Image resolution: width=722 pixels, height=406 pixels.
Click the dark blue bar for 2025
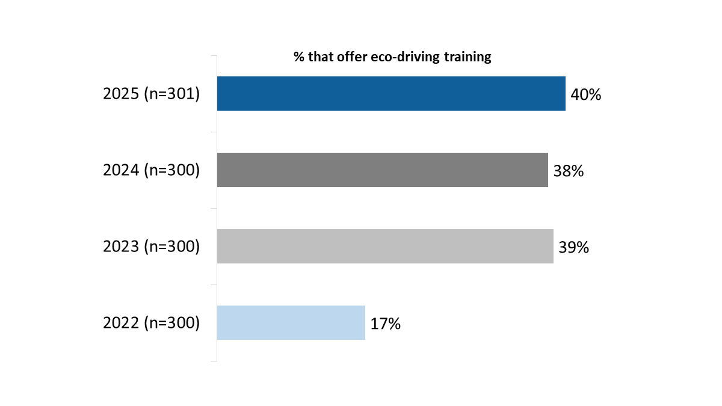[x=391, y=94]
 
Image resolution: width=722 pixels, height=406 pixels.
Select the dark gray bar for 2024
[x=382, y=170]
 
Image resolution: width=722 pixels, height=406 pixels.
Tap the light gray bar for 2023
[x=385, y=247]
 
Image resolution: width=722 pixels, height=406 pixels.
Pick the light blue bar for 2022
[x=291, y=323]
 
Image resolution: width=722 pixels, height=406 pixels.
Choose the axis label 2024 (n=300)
[x=151, y=170]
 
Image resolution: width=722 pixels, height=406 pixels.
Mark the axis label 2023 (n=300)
[x=151, y=247]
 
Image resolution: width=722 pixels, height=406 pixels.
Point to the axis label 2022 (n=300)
[x=151, y=323]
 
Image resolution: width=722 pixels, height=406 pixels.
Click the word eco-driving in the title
[x=398, y=57]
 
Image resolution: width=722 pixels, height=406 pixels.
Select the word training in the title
[x=467, y=57]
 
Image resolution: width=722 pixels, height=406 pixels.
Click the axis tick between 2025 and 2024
[x=214, y=132]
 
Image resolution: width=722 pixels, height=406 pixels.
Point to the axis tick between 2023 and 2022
[x=214, y=285]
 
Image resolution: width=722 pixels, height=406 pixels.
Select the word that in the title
[x=318, y=57]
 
